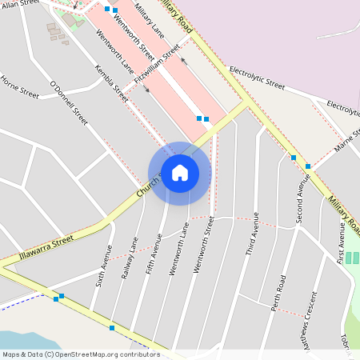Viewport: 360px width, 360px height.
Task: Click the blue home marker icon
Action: pyautogui.click(x=179, y=173)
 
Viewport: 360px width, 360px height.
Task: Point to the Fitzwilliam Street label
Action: pyautogui.click(x=158, y=62)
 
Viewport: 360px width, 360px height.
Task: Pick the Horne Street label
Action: pyautogui.click(x=20, y=86)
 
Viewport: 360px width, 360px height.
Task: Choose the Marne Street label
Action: pyautogui.click(x=349, y=140)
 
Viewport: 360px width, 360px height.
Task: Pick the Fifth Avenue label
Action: pyautogui.click(x=153, y=257)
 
